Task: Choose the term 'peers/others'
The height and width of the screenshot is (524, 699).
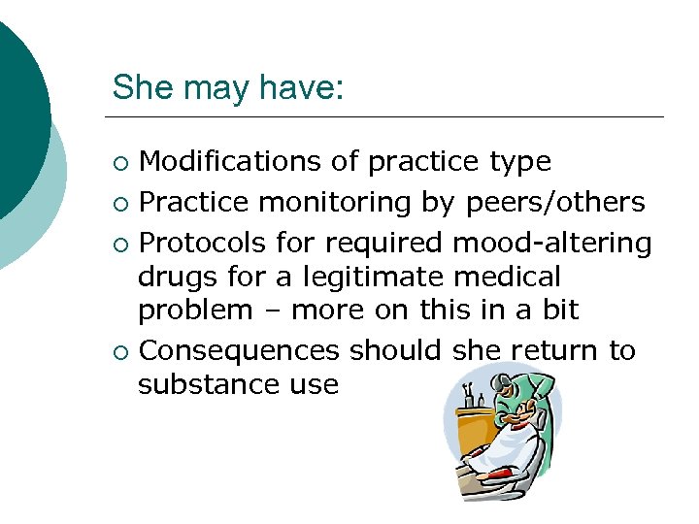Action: (x=555, y=202)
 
